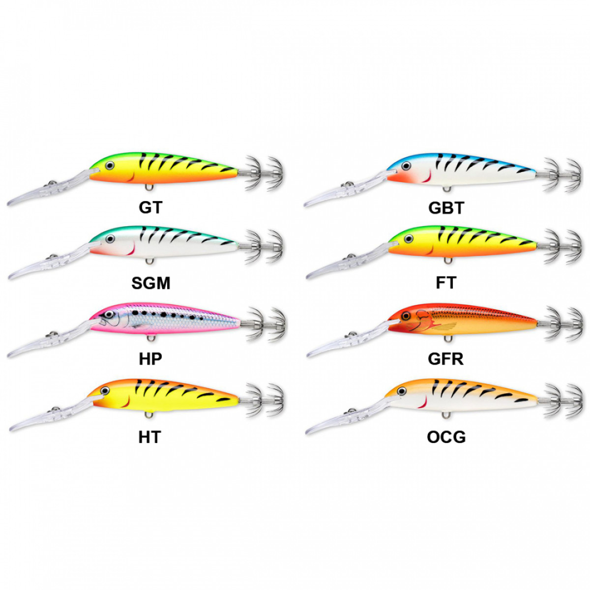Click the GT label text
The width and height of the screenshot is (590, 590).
pyautogui.click(x=150, y=207)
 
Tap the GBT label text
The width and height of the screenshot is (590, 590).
pyautogui.click(x=446, y=208)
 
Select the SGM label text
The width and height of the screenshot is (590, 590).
pyautogui.click(x=150, y=283)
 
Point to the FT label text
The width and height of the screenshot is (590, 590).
pyautogui.click(x=446, y=283)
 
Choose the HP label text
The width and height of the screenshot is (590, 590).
pyautogui.click(x=150, y=358)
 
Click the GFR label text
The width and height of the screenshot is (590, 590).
pyautogui.click(x=445, y=358)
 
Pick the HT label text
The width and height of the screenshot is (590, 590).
pyautogui.click(x=150, y=437)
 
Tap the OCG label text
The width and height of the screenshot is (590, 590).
pyautogui.click(x=446, y=437)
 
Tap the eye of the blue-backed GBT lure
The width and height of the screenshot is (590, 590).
pyautogui.click(x=406, y=166)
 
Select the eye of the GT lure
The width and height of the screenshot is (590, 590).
pyautogui.click(x=109, y=166)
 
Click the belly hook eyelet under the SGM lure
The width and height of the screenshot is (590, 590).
pyautogui.click(x=149, y=261)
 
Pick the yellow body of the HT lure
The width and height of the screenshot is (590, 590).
pyautogui.click(x=165, y=396)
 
